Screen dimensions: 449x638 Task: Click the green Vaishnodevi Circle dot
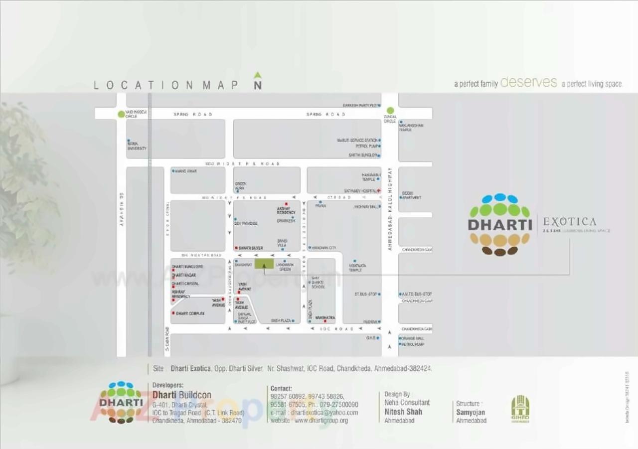tap(121, 114)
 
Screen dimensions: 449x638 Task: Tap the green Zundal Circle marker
tap(390, 111)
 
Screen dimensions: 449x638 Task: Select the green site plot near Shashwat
tap(264, 264)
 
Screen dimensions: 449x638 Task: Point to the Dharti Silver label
tap(250, 248)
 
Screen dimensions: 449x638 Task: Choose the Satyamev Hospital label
tap(360, 191)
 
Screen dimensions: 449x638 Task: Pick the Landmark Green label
tap(284, 267)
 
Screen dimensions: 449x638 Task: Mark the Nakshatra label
tap(325, 317)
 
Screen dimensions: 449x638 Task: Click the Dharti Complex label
tap(190, 313)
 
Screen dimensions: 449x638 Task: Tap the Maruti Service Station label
tap(357, 141)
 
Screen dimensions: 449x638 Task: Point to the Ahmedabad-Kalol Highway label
tap(390, 209)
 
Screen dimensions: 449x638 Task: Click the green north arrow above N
tap(257, 75)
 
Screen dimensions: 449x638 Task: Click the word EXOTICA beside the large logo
tap(569, 222)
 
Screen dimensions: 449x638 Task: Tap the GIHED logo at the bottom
tap(520, 409)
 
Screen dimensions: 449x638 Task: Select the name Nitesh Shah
tap(403, 412)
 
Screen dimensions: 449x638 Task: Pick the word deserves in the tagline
tap(528, 83)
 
